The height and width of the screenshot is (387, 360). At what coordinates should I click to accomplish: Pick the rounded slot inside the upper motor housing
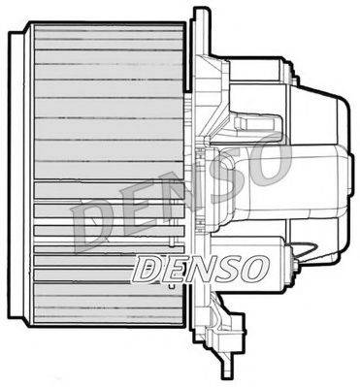pyautogui.click(x=255, y=122)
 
